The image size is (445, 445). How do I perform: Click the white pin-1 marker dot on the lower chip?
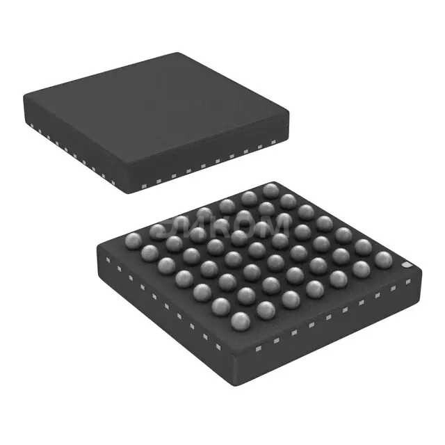407,266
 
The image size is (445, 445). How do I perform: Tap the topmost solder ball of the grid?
270,190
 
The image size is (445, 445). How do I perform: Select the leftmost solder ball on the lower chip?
132,241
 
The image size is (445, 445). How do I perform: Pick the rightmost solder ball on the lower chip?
383,259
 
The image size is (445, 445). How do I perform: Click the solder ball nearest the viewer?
240,321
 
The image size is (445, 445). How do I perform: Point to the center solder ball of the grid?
257,250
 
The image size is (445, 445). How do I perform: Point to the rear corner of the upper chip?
179,53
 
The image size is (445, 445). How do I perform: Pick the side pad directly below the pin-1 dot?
409,282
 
